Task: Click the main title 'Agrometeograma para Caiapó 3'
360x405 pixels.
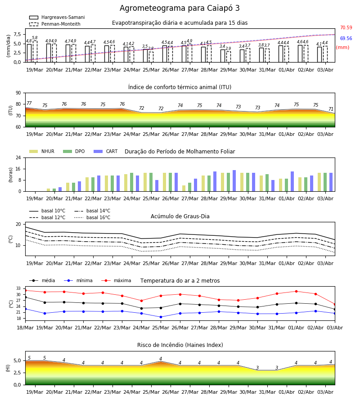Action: pos(180,8)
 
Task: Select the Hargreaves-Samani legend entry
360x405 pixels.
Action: pos(57,17)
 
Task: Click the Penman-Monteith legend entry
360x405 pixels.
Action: pos(55,24)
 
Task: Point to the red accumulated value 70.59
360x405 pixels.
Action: pos(346,27)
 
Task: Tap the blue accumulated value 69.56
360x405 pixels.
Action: pos(346,39)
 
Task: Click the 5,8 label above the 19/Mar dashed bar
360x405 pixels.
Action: pos(35,38)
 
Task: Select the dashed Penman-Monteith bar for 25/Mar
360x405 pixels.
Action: pos(151,57)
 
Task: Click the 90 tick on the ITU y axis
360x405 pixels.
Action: pos(18,93)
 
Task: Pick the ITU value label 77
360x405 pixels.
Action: pos(29,103)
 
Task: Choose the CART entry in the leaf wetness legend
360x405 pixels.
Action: pos(105,151)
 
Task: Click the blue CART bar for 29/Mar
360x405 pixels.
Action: pos(234,181)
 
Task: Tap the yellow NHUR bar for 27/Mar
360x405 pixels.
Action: pos(184,188)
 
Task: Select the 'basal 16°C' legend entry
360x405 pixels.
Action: pos(92,218)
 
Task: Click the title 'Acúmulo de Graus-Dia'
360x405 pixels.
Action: pos(180,216)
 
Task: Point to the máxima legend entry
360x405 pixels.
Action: pos(116,280)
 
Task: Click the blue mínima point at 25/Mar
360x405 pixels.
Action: pos(161,317)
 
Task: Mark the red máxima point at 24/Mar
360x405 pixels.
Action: pos(141,301)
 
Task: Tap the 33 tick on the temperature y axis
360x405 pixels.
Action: pos(18,288)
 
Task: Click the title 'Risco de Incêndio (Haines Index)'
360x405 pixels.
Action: pos(180,345)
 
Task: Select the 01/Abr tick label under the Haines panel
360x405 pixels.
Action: pos(287,392)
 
